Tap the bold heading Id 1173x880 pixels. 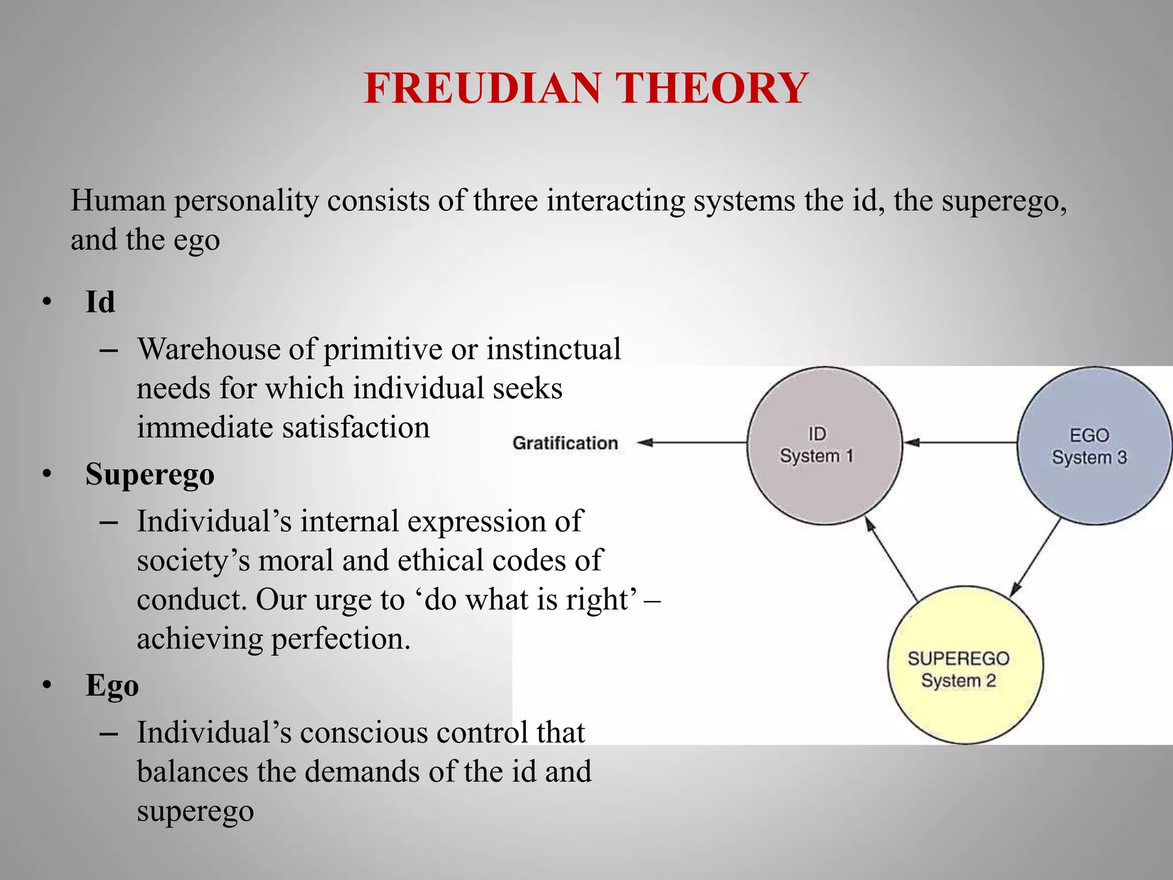[x=100, y=302]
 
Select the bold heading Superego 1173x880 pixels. [x=150, y=474]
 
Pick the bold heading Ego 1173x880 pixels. [x=112, y=685]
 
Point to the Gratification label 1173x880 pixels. [x=565, y=443]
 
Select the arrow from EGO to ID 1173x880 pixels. [x=960, y=442]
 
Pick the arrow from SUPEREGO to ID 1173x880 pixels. [x=891, y=559]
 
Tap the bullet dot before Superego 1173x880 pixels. [x=47, y=474]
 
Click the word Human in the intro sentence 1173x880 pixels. [x=118, y=201]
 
